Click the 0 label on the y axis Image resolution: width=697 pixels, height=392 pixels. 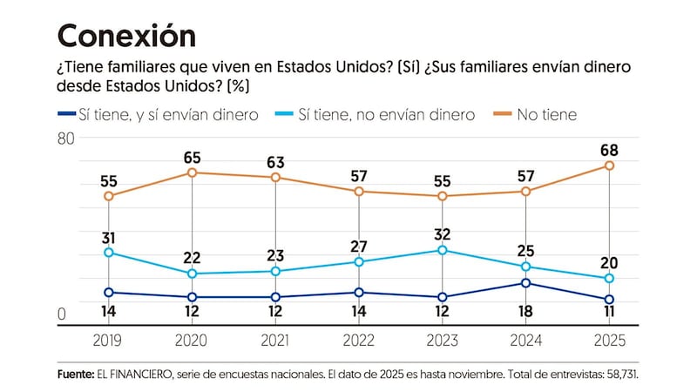click(x=63, y=314)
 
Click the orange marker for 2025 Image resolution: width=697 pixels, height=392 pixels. click(x=609, y=166)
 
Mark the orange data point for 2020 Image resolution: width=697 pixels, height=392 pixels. click(x=192, y=172)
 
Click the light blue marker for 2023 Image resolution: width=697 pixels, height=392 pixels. click(x=443, y=250)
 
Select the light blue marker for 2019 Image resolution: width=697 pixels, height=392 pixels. click(x=108, y=253)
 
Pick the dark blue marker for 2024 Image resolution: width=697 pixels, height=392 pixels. click(x=525, y=283)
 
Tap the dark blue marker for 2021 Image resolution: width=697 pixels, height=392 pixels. click(x=275, y=297)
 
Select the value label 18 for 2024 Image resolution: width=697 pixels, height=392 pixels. click(x=525, y=309)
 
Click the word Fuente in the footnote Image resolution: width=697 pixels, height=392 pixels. click(x=75, y=373)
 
